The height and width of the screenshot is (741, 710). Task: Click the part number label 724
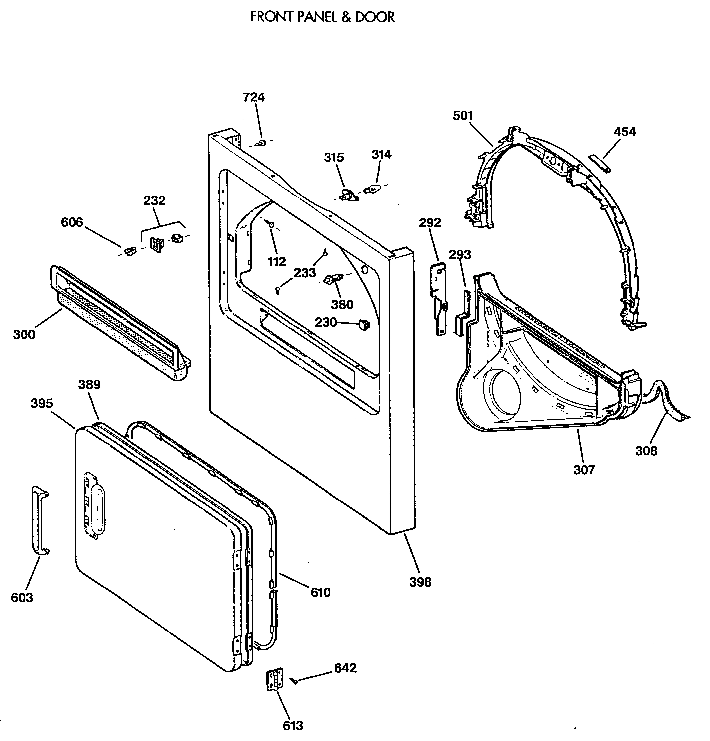(x=254, y=97)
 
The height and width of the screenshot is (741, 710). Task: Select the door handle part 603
(x=40, y=521)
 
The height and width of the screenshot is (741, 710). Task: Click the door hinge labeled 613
(x=275, y=679)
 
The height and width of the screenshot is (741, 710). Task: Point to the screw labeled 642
(x=294, y=680)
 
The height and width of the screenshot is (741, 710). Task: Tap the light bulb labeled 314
(x=371, y=189)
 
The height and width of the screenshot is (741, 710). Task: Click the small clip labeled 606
(x=130, y=251)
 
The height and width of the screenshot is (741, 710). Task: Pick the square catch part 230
(x=364, y=324)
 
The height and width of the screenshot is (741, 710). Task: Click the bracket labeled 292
(x=439, y=299)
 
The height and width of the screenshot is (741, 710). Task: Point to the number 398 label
(x=420, y=582)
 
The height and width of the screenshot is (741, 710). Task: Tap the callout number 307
(x=584, y=470)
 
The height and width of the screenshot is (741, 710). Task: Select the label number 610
(x=321, y=592)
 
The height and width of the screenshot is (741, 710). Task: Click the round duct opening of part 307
(x=505, y=397)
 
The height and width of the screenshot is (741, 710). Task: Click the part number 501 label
(x=463, y=116)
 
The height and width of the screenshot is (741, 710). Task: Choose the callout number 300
(x=24, y=334)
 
